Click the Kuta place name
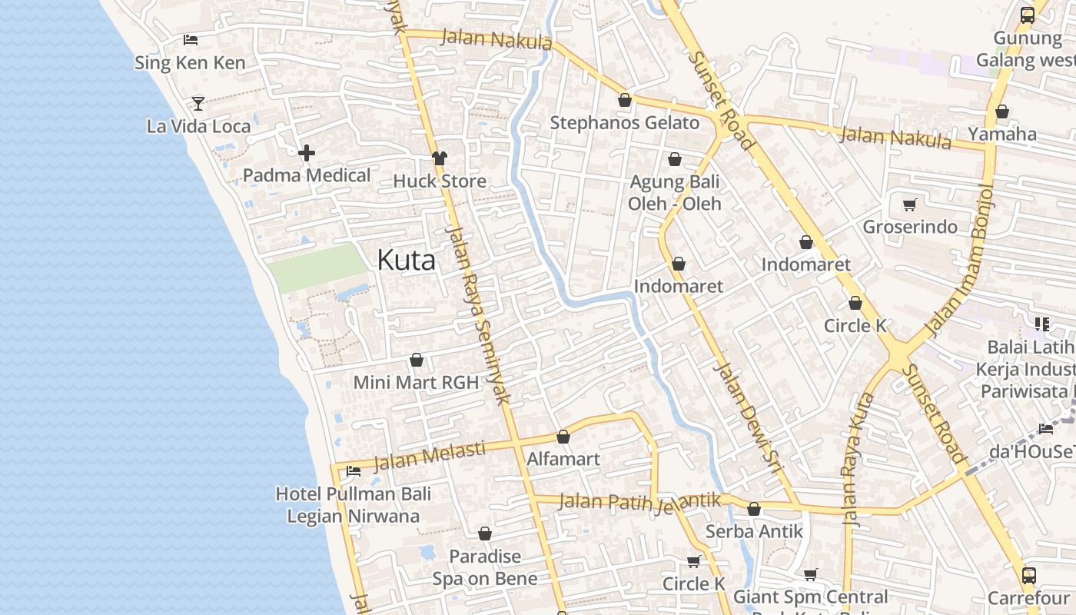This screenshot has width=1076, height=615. coord(406,260)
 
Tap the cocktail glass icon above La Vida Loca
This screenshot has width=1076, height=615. coord(198,102)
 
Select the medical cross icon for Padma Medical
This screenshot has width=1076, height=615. coord(307,153)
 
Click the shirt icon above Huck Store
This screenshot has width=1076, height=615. coord(439,158)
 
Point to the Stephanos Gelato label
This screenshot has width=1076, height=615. coord(624,123)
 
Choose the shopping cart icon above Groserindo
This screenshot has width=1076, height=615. coord(910,204)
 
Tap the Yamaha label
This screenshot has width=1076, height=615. coord(1001,135)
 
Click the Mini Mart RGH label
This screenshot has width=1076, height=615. coord(416,382)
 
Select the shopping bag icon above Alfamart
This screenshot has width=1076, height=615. coord(563,437)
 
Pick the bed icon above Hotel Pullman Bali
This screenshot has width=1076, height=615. coord(354,470)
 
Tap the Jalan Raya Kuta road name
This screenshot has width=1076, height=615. coord(858,459)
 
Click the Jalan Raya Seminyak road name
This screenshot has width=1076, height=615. coord(478,315)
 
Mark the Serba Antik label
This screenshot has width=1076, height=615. coord(753,531)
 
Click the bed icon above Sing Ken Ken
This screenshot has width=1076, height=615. coord(191,40)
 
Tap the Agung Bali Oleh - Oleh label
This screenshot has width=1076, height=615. coord(674,193)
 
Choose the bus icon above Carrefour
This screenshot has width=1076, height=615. coord(1028,575)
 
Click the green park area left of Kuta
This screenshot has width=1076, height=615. coord(317,268)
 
